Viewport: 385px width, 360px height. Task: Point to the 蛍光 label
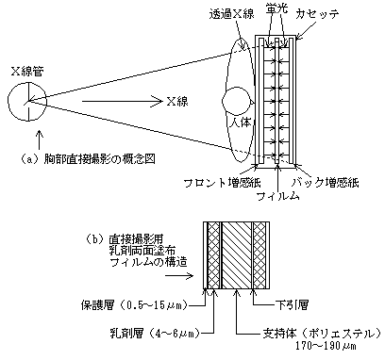pyautogui.click(x=276, y=8)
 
